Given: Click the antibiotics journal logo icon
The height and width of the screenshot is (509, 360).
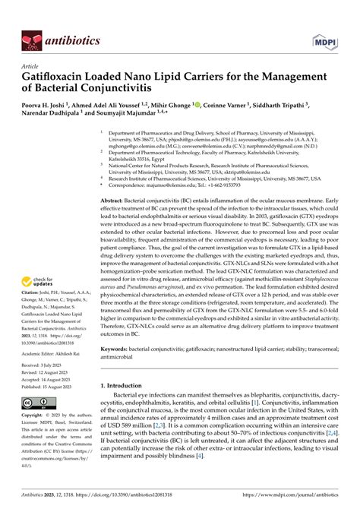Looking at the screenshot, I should (x=30, y=37).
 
